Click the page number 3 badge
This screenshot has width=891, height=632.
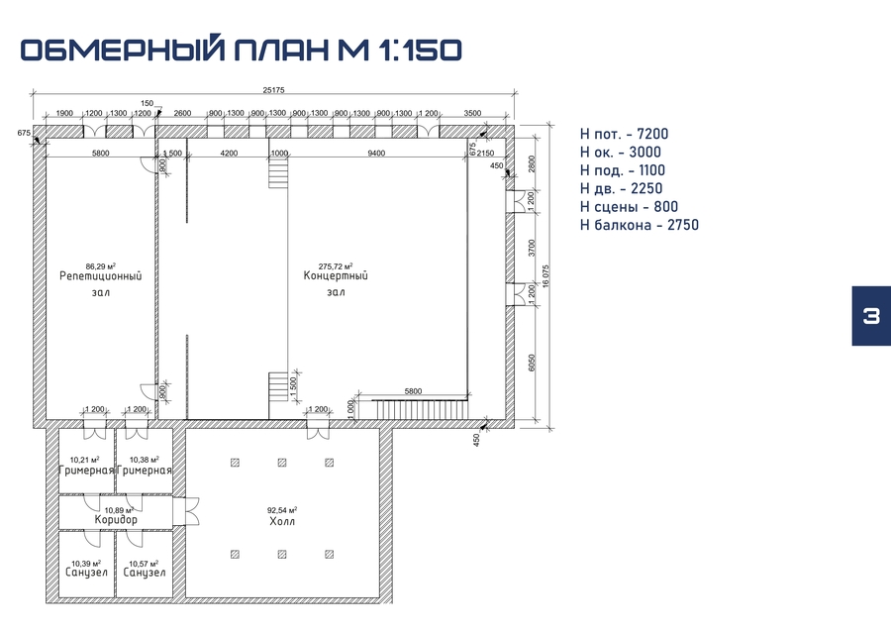(x=871, y=315)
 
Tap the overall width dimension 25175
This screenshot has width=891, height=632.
(x=273, y=90)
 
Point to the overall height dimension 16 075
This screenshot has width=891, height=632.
(x=546, y=276)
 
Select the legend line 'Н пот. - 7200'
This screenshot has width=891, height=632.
(x=624, y=134)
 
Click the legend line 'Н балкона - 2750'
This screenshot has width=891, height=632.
(x=640, y=225)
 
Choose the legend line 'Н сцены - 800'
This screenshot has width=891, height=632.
(x=629, y=207)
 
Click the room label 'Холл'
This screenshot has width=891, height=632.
(x=282, y=521)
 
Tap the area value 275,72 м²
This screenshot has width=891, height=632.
(x=336, y=266)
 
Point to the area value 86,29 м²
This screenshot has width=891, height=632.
(x=101, y=266)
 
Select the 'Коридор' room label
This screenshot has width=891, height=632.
(x=116, y=519)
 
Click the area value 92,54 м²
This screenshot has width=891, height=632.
(x=282, y=510)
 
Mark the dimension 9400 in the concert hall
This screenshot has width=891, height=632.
(x=376, y=153)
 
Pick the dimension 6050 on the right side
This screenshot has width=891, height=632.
(x=532, y=363)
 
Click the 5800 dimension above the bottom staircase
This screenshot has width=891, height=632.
(x=413, y=391)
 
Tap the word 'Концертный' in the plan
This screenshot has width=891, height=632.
(x=336, y=276)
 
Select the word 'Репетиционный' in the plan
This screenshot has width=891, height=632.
(x=101, y=276)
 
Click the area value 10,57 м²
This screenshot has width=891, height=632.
(x=144, y=564)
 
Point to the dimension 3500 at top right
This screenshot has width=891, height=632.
(x=472, y=113)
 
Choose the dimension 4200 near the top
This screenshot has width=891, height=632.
(x=229, y=153)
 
